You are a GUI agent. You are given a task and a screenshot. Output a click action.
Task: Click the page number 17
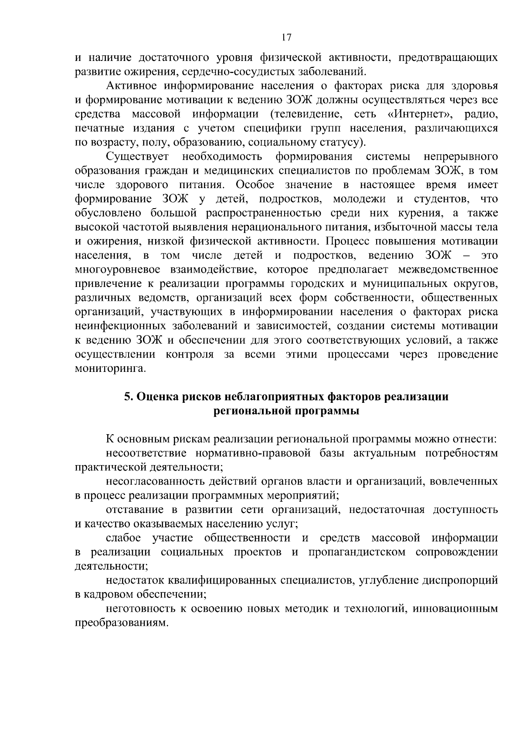[286, 38]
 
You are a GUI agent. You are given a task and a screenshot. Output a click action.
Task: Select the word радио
[481, 115]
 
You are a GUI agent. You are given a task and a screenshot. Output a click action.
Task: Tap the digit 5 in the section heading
[127, 397]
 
